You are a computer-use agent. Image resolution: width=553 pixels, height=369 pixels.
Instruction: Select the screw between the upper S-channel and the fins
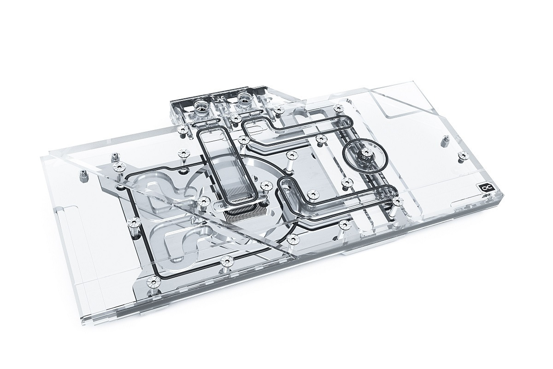point(203,201)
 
